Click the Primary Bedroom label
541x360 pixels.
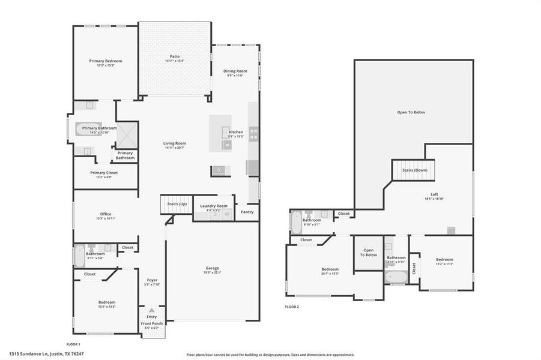[x=106, y=61]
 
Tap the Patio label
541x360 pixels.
[x=174, y=56]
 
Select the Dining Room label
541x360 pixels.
[x=235, y=71]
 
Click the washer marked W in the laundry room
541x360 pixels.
[x=227, y=214]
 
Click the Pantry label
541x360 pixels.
[x=247, y=212]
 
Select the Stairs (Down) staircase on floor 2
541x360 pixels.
[x=413, y=170]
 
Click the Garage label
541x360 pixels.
[x=213, y=268]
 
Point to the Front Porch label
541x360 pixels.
[x=151, y=323]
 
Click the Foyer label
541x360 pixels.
[x=152, y=280]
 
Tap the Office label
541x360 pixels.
[x=106, y=214]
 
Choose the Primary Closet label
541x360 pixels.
[x=104, y=173]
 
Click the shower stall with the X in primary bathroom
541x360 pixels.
[x=127, y=135]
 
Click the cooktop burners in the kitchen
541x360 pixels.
[x=253, y=133]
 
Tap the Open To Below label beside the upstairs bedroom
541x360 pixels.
[x=368, y=252]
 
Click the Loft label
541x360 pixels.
[x=434, y=195]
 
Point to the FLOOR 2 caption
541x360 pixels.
[x=292, y=307]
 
